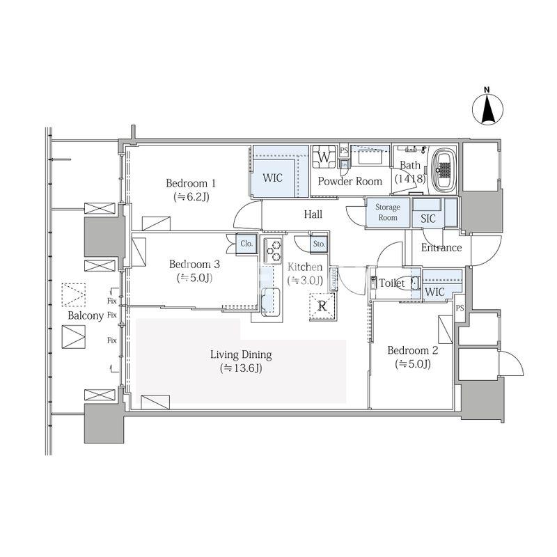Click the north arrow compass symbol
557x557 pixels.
coord(487,109)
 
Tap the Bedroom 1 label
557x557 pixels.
coord(191,183)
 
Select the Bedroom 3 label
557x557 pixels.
coord(194,265)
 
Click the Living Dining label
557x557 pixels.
coord(241,354)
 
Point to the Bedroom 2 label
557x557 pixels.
coord(412,351)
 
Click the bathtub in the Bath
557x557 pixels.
coord(444,170)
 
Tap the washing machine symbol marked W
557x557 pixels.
coord(324,157)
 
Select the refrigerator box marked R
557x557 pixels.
coord(322,306)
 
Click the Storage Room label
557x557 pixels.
coord(388,212)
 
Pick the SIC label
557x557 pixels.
coord(427,219)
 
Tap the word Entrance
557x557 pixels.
coord(441,248)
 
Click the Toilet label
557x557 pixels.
coord(392,283)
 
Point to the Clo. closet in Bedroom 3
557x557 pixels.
coord(246,244)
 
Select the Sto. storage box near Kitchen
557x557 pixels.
coord(319,244)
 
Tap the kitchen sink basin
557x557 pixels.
coord(271,301)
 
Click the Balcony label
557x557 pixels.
coord(86,315)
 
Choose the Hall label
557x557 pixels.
coord(313,214)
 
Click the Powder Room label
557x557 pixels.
coord(350,181)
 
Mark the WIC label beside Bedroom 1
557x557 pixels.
coord(272,178)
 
